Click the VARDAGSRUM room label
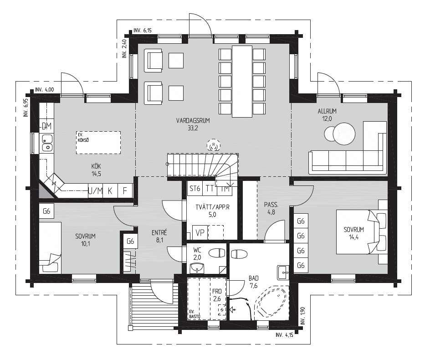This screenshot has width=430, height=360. coord(193,120)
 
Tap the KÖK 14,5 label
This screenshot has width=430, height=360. coord(96,170)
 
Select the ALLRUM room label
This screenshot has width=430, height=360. coord(327,111)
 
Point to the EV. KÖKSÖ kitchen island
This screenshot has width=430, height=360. coord(98,143)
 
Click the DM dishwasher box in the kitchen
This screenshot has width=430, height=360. coord(46,126)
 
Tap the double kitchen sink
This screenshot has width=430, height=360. coord(47,143)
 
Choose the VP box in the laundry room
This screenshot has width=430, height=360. coord(200,233)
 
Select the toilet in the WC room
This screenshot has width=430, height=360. coord(217,253)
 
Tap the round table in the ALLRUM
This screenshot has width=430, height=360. coord(344,134)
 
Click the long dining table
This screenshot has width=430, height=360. coord(242,82)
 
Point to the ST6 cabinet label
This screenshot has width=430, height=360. coord(195,189)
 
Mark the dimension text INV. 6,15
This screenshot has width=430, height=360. coord(142,31)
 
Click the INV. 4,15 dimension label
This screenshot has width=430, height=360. coord(284,335)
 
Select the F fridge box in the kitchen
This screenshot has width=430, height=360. coord(125,190)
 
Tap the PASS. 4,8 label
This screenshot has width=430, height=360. coord(271,208)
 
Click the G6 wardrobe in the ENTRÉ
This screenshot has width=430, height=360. coord(130,241)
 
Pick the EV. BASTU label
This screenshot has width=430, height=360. coord(195,314)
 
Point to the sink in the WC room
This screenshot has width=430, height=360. coord(197,267)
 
